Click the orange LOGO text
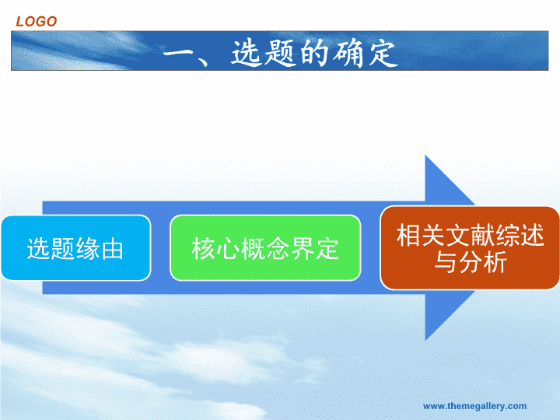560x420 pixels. [37, 22]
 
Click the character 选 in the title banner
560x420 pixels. [246, 53]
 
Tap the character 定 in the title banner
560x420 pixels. [383, 53]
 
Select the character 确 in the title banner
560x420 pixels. [348, 53]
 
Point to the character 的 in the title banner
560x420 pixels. [314, 53]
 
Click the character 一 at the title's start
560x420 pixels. [178, 54]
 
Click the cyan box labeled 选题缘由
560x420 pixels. [76, 248]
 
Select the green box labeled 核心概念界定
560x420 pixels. [265, 248]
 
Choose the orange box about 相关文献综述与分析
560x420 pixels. [470, 248]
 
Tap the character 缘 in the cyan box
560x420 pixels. [88, 249]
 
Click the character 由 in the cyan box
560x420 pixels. [113, 249]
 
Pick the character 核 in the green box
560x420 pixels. [203, 249]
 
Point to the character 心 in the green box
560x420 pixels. [228, 249]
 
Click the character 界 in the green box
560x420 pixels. [303, 249]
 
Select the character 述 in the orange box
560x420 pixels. [532, 235]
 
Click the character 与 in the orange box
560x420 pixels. [446, 262]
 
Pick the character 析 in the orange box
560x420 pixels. [495, 262]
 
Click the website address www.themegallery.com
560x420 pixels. [474, 406]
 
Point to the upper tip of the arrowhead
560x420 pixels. [425, 156]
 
